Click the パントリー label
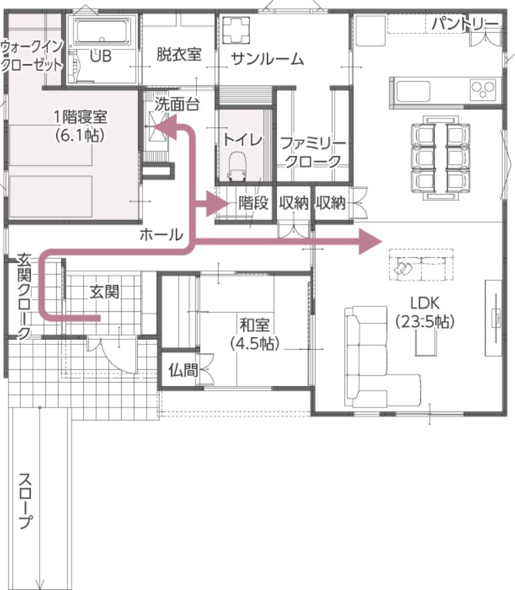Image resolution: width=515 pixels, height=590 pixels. click(465, 23)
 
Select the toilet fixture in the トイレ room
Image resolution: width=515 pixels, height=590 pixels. click(237, 167)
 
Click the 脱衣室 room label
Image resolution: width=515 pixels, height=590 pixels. click(179, 55)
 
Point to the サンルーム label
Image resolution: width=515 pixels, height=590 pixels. click(268, 59)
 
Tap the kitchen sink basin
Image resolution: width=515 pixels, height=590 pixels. click(413, 92)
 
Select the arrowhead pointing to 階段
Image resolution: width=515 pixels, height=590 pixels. click(218, 203)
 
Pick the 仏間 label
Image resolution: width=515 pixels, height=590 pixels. click(183, 371)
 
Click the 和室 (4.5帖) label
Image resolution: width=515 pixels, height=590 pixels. click(255, 334)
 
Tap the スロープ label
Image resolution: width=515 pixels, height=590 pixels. click(25, 501)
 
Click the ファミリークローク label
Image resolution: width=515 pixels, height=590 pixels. click(312, 153)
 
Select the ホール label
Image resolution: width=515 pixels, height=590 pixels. click(161, 235)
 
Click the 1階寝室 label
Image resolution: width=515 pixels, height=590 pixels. click(80, 117)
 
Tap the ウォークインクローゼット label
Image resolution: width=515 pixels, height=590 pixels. click(31, 56)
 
